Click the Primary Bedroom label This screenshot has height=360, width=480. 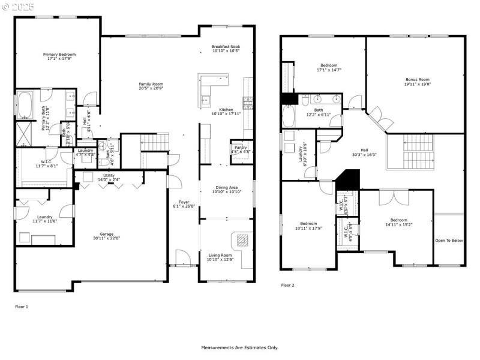pyautogui.click(x=59, y=56)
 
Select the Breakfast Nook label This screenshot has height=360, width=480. pyautogui.click(x=226, y=49)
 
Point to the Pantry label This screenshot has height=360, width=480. pyautogui.click(x=240, y=149)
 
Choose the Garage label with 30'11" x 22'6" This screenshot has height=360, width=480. pyautogui.click(x=106, y=236)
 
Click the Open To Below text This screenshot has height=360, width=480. pyautogui.click(x=449, y=241)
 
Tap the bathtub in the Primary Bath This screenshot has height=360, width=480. pyautogui.click(x=25, y=106)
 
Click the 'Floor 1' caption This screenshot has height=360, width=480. pyautogui.click(x=22, y=307)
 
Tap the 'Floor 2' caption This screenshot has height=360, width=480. pyautogui.click(x=287, y=286)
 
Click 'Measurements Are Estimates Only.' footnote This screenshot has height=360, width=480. pyautogui.click(x=239, y=347)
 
